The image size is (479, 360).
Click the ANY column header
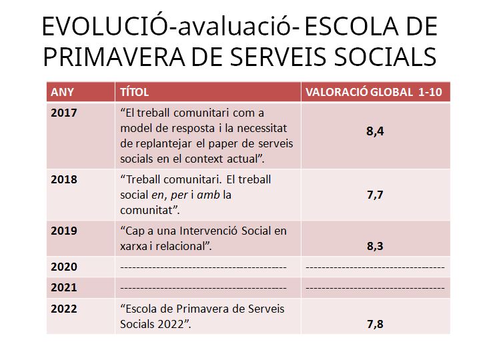(63, 92)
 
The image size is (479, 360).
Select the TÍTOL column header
(134, 92)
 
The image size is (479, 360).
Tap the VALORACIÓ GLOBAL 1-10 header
(374, 92)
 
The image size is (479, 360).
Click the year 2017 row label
(64, 112)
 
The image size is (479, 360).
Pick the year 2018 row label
(64, 179)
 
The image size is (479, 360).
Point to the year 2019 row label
(64, 231)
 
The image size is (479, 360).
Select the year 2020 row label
(64, 267)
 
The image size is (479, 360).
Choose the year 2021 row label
(64, 288)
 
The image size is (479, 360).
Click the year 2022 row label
(64, 309)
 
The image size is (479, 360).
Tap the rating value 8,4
(375, 132)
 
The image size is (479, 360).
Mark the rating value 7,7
(375, 195)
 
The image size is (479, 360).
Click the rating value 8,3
(375, 246)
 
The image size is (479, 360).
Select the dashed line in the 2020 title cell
(203, 267)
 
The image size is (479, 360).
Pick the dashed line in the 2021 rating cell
(375, 288)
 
